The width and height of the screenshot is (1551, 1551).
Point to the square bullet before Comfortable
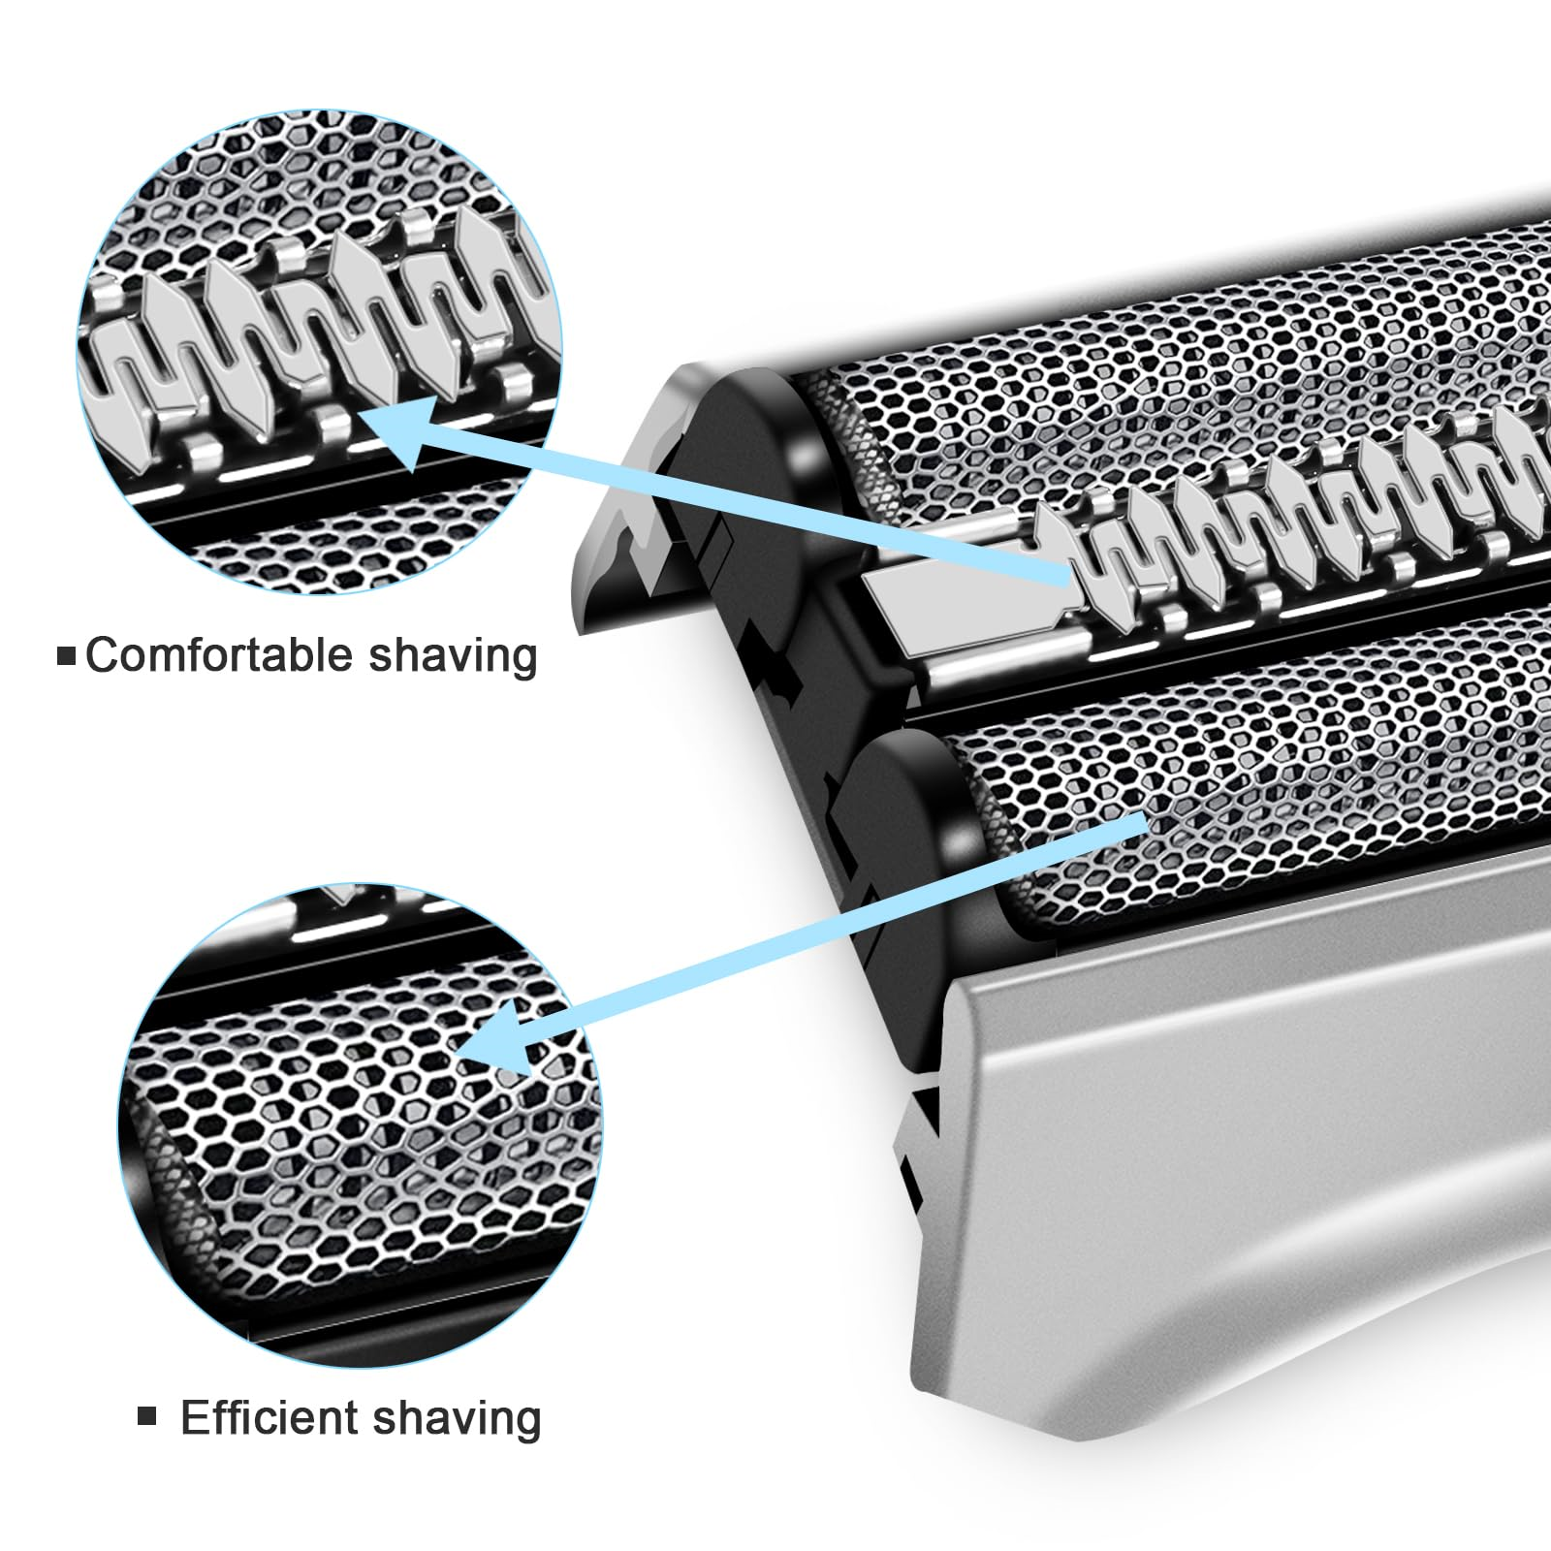tap(67, 656)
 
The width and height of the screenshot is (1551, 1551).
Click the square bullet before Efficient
tap(147, 1417)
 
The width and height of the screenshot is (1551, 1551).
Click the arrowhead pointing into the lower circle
tap(494, 1037)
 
